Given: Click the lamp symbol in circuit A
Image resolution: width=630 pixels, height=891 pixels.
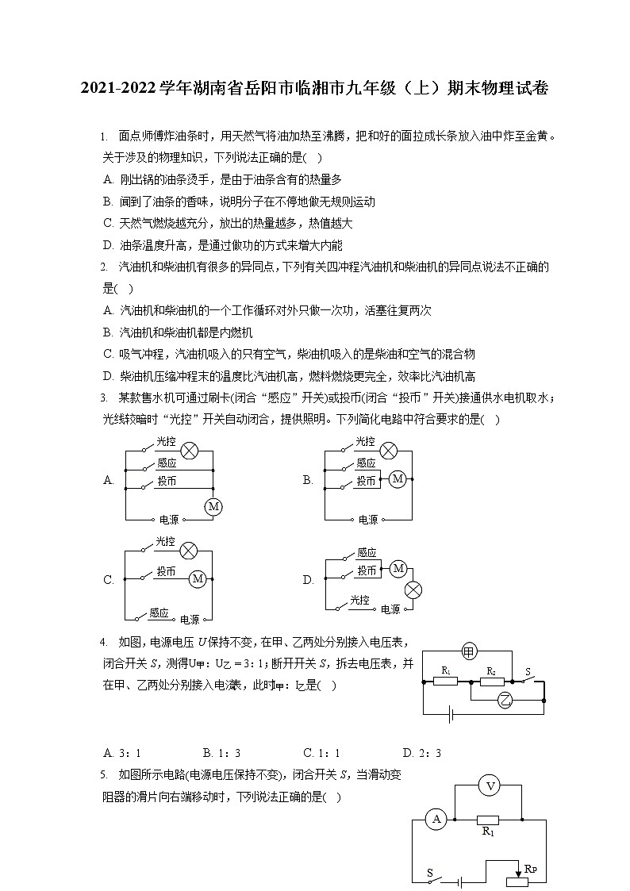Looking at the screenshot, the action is (189, 451).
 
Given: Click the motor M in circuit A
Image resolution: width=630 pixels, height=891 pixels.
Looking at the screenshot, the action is (213, 506).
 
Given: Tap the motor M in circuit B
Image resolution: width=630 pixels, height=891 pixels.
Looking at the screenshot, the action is (398, 479).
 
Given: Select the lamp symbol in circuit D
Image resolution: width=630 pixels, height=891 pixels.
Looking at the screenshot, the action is (413, 589).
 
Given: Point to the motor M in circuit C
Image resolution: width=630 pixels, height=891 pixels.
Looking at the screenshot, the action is (198, 580).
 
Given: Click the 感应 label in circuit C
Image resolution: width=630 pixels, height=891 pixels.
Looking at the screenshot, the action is (159, 613).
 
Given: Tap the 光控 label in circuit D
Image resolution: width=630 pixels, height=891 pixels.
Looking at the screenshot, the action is (360, 601).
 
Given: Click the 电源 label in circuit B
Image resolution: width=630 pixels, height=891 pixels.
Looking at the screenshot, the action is (368, 520).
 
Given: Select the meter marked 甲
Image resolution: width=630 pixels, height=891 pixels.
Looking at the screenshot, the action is (469, 651).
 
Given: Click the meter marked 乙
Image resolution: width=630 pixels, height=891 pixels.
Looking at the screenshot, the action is (505, 699).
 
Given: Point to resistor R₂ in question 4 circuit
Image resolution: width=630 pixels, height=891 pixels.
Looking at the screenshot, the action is (492, 680).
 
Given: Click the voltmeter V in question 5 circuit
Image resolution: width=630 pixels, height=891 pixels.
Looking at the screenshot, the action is (490, 786).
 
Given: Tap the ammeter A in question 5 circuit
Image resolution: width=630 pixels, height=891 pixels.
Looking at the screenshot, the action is (436, 820).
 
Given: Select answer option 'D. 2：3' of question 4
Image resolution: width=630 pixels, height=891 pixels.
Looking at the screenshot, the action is (421, 753).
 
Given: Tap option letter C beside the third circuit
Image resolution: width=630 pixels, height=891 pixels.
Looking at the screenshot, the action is (109, 580).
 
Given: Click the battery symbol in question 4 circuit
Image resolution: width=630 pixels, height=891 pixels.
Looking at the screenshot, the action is (451, 715).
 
